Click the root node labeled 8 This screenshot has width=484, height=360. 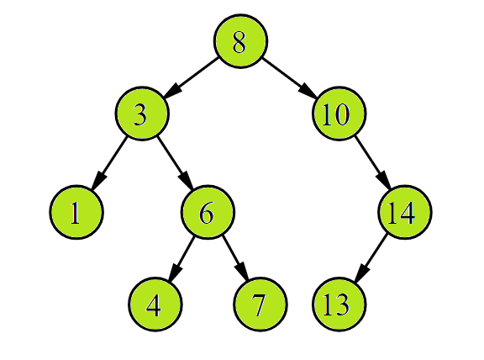click(240, 41)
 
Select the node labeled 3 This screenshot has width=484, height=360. click(141, 114)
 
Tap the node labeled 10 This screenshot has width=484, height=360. click(339, 114)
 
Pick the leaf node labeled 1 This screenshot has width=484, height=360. click(76, 213)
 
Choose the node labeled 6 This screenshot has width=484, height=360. click(208, 213)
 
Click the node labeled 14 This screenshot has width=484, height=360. click(404, 213)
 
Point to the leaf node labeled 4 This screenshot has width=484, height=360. click(155, 304)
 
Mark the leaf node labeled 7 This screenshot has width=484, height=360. click(260, 304)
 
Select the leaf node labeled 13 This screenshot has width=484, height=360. click(339, 304)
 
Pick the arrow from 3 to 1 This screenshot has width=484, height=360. click(109, 161)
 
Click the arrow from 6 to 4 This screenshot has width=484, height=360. click(181, 257)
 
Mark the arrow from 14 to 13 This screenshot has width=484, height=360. click(371, 257)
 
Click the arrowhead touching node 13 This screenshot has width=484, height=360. click(359, 274)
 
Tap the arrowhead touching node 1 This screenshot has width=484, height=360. click(97, 181)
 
